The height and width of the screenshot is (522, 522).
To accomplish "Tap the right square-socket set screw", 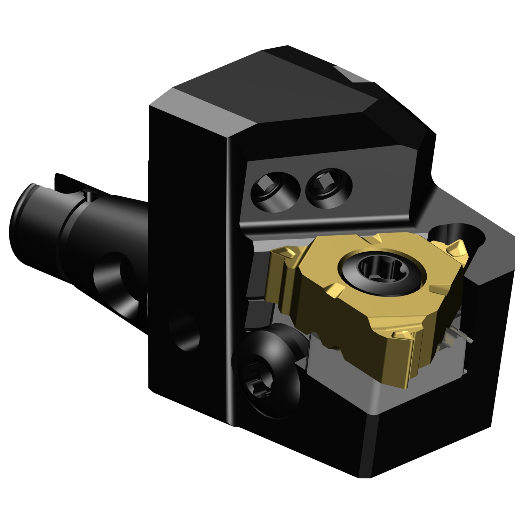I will (329, 188).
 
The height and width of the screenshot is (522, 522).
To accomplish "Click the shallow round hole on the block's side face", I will (184, 331).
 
